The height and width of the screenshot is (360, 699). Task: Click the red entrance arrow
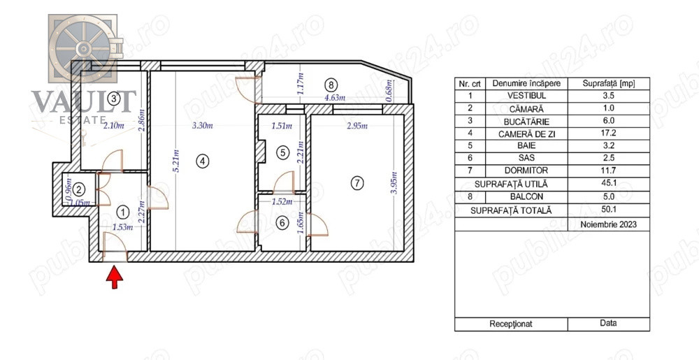115,277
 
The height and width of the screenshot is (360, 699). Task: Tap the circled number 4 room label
203,161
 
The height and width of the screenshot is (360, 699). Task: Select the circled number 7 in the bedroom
356,182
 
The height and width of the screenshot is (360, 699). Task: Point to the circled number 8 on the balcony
331,84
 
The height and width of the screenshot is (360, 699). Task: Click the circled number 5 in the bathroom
282,153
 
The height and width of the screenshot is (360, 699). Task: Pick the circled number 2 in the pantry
79,190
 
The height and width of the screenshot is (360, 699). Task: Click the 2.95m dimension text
357,126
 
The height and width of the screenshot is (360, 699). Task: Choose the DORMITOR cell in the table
526,171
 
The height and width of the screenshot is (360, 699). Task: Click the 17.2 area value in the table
609,134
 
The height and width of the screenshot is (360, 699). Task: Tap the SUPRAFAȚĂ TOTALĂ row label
511,210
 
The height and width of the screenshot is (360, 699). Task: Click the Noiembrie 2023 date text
609,224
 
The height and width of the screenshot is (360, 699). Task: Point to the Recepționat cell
511,324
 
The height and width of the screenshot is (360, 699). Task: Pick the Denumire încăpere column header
526,83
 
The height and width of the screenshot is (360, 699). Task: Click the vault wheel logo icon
83,48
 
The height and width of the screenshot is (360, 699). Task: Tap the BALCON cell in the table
526,196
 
